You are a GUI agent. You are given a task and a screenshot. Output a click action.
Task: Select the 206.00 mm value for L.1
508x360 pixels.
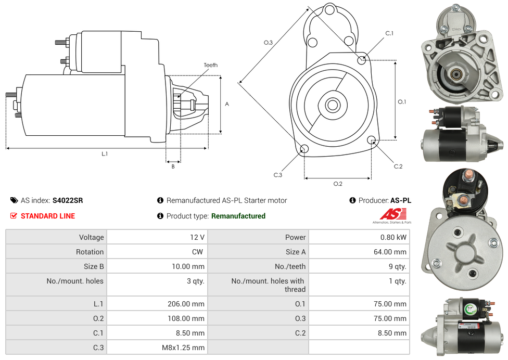click(x=186, y=304)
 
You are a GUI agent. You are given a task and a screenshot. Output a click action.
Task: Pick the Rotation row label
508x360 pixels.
click(x=90, y=252)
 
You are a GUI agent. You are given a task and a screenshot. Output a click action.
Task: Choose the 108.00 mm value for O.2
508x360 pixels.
click(x=186, y=318)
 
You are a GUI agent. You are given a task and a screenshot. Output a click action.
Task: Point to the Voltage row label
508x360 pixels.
click(x=91, y=237)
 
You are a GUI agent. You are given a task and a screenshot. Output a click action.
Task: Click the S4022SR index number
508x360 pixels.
click(x=68, y=200)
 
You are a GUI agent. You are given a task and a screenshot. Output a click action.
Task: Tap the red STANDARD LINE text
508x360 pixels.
click(x=48, y=216)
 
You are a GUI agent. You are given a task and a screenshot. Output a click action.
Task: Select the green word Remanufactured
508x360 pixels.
click(x=238, y=216)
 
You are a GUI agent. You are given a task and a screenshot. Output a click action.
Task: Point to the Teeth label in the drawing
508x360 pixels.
click(x=211, y=65)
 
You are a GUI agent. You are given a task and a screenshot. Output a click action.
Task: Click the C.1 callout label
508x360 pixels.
click(x=389, y=33)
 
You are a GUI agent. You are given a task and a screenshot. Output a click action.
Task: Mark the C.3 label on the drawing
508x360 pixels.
click(x=278, y=175)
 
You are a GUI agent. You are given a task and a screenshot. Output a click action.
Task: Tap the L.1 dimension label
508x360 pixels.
click(x=105, y=153)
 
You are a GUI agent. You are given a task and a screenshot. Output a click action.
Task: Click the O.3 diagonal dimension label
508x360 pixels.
click(x=268, y=43)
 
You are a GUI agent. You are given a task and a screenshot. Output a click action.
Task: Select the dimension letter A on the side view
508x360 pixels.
click(x=227, y=104)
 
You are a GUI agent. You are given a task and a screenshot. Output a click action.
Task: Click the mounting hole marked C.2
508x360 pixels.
click(x=372, y=140)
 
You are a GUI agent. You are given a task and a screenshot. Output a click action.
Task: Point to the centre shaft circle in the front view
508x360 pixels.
click(x=332, y=105)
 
